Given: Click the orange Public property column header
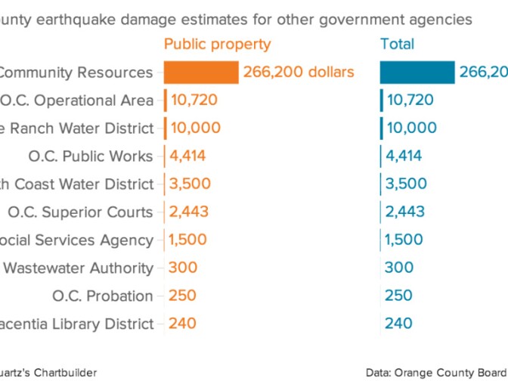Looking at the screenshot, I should click(x=217, y=45).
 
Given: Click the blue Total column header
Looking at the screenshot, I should click(x=398, y=45).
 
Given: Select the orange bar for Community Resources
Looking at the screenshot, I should click(x=202, y=73).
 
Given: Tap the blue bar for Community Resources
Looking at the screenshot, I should click(x=417, y=73).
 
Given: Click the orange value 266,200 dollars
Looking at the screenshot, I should click(x=299, y=73).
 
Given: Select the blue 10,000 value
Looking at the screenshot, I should click(x=411, y=128).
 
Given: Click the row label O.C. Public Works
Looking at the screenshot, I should click(x=90, y=156).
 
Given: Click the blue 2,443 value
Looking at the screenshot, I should click(x=406, y=212).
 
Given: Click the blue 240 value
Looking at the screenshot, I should click(x=398, y=324).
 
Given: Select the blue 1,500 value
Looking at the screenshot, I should click(x=405, y=240).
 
